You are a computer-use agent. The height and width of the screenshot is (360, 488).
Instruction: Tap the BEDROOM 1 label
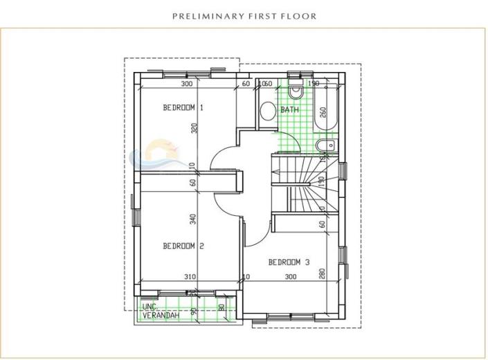pos(183,108)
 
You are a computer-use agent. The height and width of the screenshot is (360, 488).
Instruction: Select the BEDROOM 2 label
pos(183,246)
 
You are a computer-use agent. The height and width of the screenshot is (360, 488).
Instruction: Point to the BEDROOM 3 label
pos(289,262)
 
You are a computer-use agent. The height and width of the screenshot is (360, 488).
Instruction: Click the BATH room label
pos(289,110)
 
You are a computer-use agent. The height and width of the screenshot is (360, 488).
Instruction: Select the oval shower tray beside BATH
pos(266,112)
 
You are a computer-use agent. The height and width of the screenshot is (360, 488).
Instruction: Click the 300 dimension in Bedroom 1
pos(186,84)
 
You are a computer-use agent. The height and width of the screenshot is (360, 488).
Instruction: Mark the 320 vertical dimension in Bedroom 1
pos(195,127)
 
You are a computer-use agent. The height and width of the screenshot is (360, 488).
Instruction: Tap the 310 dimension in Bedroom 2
pos(190,277)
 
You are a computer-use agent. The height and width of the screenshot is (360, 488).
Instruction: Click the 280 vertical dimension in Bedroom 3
pos(322,273)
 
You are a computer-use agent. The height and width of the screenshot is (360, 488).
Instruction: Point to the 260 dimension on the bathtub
pos(323,113)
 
